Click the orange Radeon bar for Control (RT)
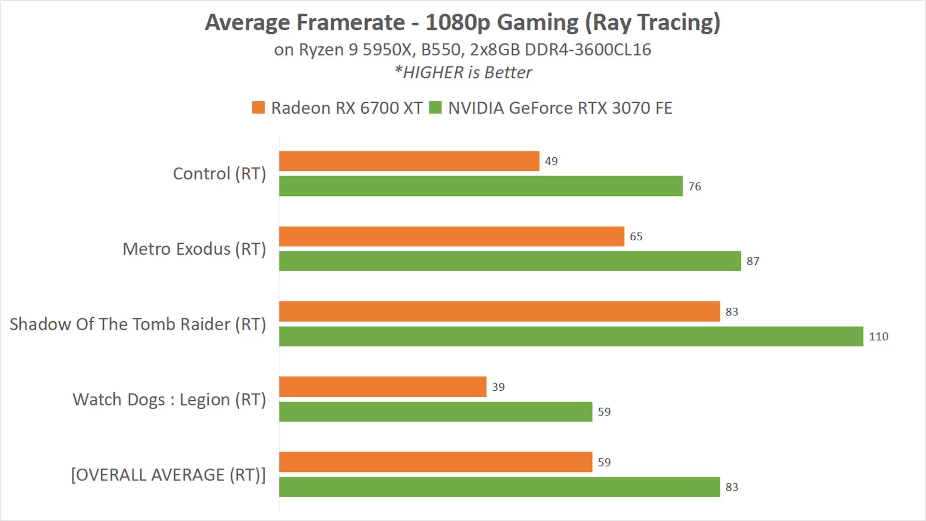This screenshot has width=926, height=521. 409,161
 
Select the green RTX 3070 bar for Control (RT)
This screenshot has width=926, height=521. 481,186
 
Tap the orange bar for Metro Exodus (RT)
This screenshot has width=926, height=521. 451,236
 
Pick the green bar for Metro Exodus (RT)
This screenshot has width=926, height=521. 510,261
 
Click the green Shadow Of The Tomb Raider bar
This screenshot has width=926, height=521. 571,336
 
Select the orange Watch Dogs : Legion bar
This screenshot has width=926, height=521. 382,387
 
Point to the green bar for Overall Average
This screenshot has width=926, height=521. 499,487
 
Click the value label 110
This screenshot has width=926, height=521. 878,337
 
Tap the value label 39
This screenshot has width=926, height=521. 498,387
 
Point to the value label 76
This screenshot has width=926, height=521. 694,187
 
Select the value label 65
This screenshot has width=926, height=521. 636,236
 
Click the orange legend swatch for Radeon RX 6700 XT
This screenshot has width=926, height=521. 259,108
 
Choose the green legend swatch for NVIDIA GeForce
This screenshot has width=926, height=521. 436,108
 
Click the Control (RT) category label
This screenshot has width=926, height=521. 219,174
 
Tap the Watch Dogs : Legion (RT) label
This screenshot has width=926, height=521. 169,399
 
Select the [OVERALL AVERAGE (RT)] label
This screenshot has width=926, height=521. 168,475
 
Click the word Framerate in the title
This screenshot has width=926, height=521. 351,23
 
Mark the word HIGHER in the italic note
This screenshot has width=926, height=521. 433,72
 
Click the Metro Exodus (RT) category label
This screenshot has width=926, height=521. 194,249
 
